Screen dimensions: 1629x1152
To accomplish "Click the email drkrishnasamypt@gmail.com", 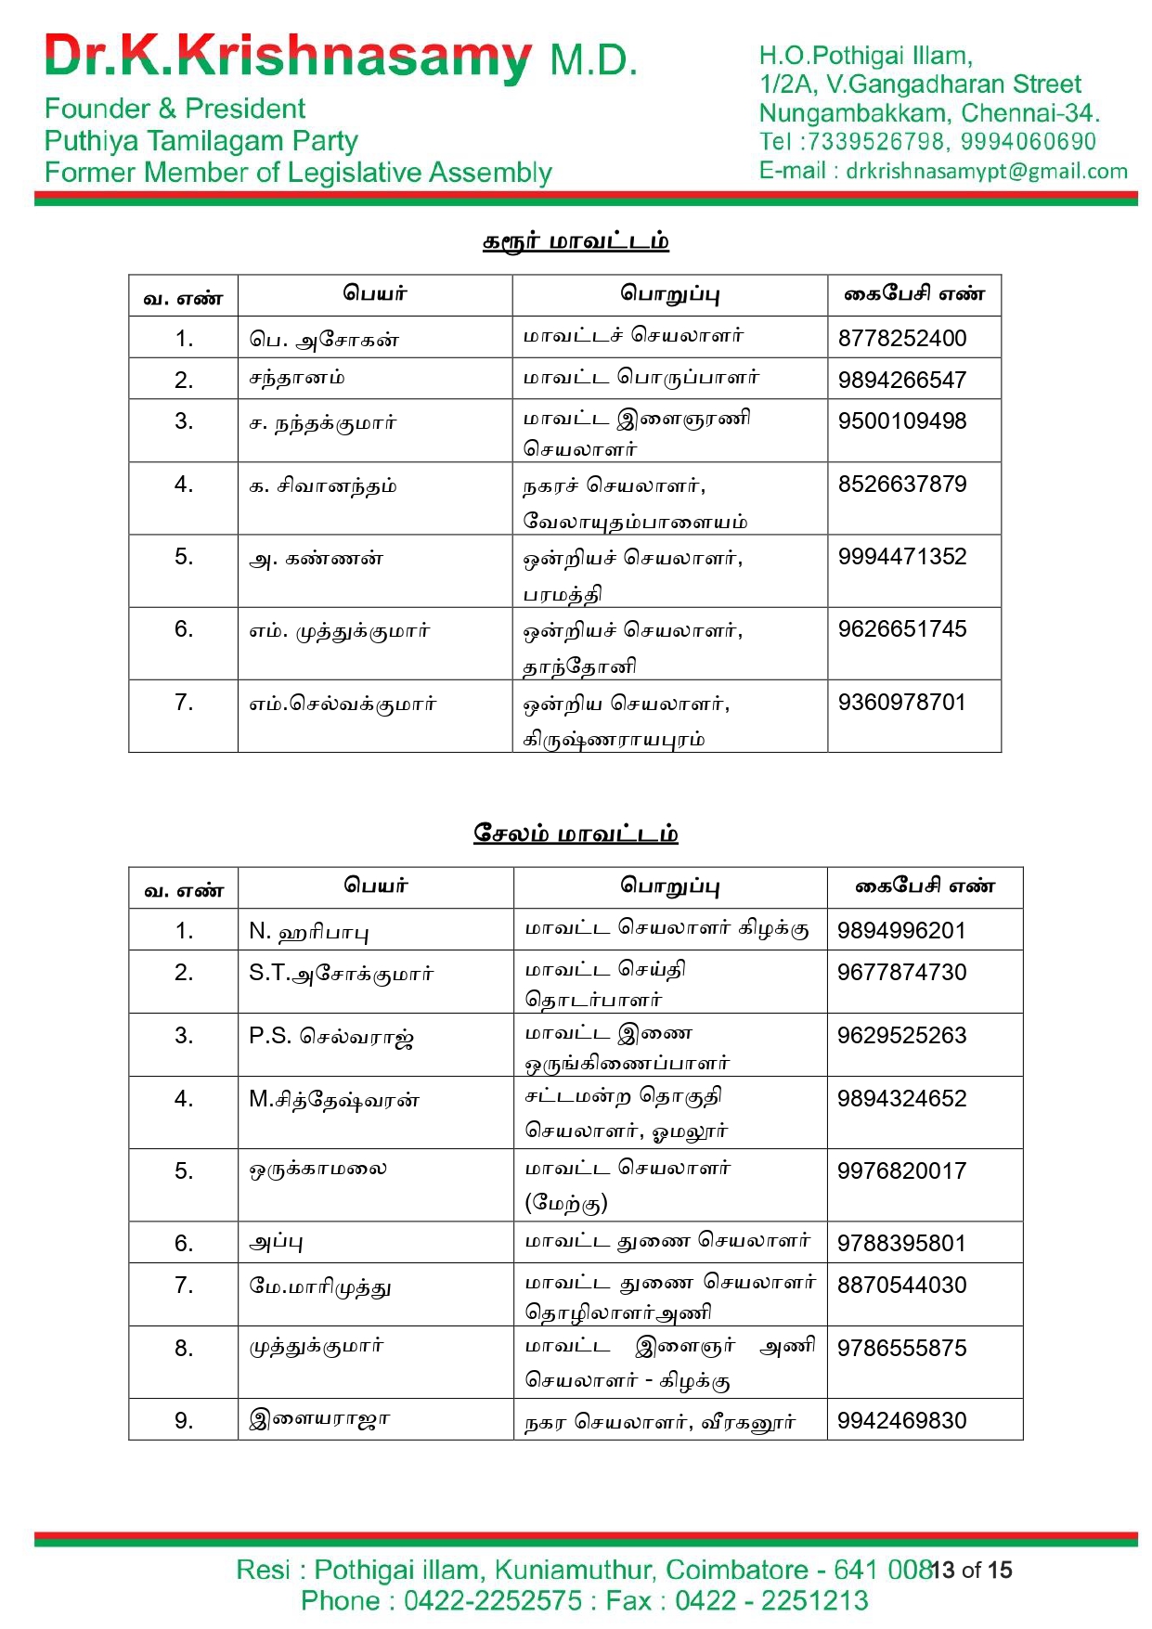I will click(986, 171).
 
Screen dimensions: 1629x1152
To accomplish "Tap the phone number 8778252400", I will click(901, 338).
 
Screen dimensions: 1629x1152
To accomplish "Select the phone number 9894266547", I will click(901, 380).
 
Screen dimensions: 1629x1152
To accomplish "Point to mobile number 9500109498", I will click(901, 420).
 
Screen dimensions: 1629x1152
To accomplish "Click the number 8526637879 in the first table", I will click(901, 484).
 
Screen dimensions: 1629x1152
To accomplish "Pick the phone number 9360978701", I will click(901, 702).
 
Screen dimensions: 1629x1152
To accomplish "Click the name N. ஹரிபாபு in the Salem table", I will click(308, 931).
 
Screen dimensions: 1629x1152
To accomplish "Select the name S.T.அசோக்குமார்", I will click(341, 973).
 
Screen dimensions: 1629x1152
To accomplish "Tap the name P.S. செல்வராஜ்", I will click(330, 1036).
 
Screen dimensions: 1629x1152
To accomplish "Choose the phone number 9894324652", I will click(901, 1098).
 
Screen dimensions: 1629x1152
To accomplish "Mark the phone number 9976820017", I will click(901, 1170).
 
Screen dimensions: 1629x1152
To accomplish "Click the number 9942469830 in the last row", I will click(901, 1420).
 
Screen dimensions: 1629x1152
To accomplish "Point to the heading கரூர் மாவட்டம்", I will click(576, 241).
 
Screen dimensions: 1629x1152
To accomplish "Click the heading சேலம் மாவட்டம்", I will click(576, 833).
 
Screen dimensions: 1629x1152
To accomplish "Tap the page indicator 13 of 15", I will click(971, 1570).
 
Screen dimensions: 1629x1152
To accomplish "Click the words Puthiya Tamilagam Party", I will click(201, 141).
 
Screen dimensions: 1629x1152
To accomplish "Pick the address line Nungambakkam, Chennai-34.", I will click(928, 113).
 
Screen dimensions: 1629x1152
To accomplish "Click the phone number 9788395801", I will click(901, 1243).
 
